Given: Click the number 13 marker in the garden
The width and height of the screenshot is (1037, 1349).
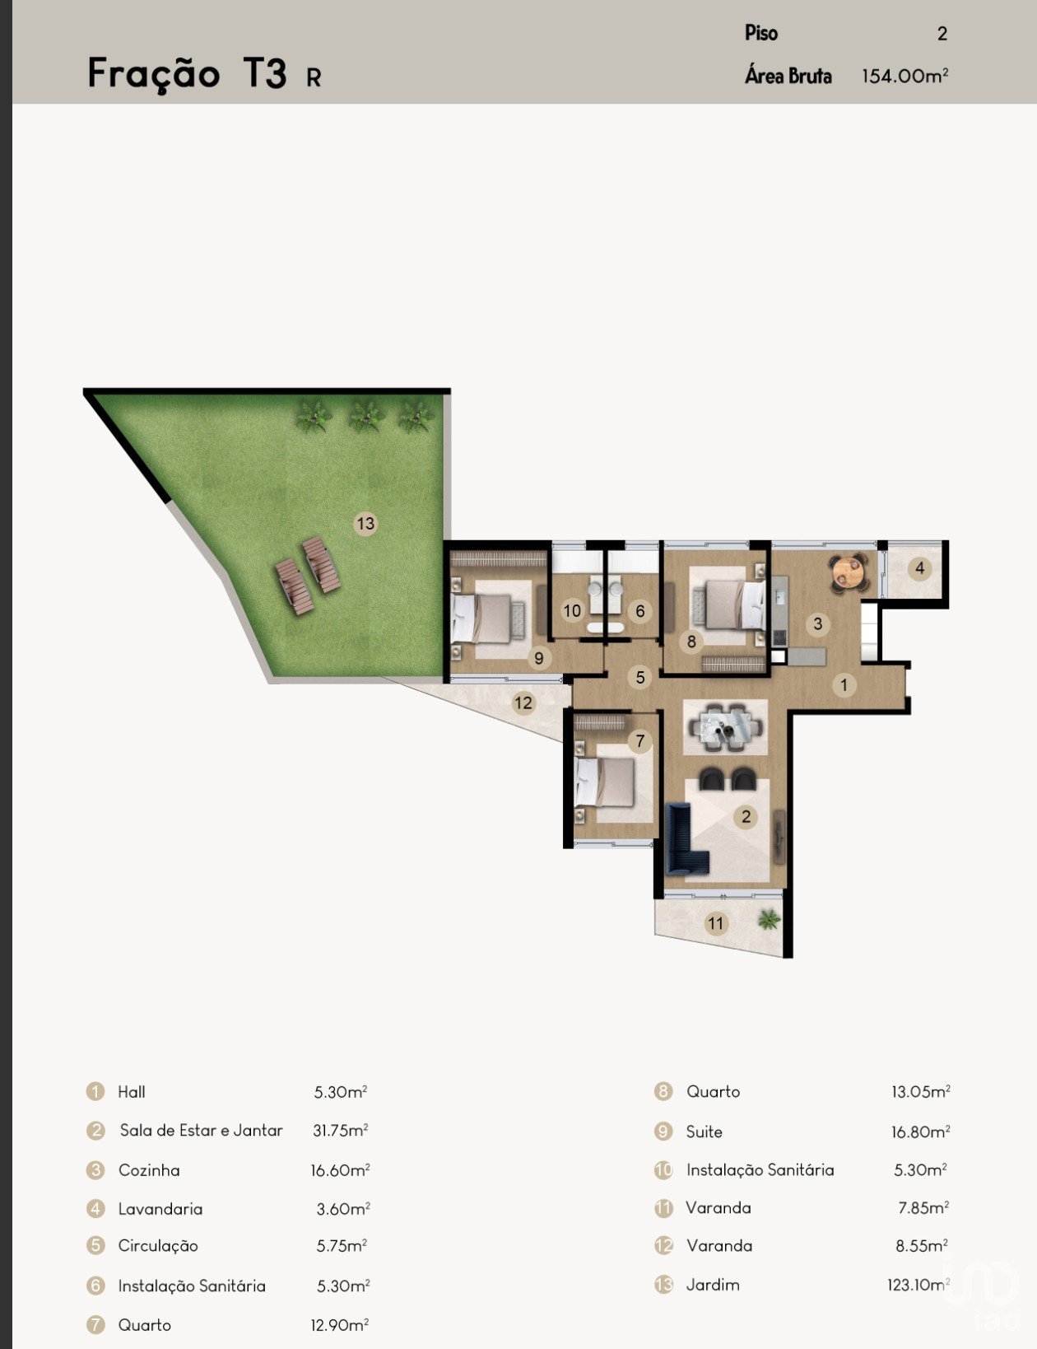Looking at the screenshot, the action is [365, 523].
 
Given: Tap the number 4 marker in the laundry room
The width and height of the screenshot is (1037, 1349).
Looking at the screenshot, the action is [920, 568].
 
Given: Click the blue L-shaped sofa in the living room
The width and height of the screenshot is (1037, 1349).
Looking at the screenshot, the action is [686, 837].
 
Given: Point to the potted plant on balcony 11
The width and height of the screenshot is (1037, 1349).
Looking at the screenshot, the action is [769, 919].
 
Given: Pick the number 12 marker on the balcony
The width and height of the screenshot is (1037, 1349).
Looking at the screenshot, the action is [523, 703].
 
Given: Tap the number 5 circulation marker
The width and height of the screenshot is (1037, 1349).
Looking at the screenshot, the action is [640, 677].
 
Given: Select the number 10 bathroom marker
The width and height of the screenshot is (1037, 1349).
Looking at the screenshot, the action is [572, 611].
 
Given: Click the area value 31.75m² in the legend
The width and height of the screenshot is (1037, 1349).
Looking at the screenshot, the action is [341, 1131].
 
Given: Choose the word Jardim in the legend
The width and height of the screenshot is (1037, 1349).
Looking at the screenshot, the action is [713, 1285].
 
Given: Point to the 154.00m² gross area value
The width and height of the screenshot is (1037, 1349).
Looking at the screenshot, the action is [904, 76].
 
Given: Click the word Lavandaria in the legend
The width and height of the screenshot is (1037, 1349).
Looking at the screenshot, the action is [160, 1209].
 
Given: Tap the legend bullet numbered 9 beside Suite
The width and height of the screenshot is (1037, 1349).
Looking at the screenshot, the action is [663, 1132].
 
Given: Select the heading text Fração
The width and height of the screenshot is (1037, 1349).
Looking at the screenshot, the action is [154, 74].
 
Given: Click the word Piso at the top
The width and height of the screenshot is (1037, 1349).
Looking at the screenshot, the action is [761, 33].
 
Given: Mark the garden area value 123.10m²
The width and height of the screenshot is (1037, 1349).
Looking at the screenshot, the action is [918, 1285].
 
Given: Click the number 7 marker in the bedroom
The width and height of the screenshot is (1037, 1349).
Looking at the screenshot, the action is [640, 740].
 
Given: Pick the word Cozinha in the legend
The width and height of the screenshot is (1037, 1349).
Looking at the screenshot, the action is [149, 1170].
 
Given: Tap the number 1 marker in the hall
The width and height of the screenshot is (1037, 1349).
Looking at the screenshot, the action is [844, 685].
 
